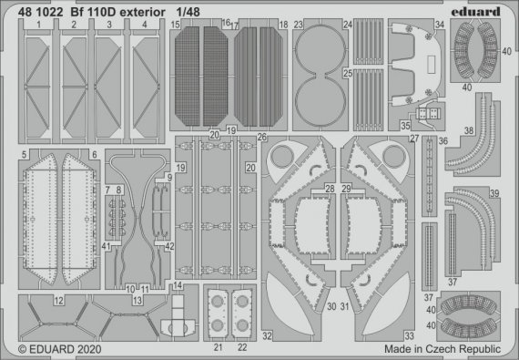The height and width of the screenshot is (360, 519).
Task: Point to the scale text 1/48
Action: [202, 11]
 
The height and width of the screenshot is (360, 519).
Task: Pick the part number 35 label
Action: [402, 127]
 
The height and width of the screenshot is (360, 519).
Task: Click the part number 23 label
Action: [299, 25]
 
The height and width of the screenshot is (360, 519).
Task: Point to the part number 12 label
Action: [57, 300]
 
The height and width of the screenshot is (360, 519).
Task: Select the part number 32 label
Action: [268, 335]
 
